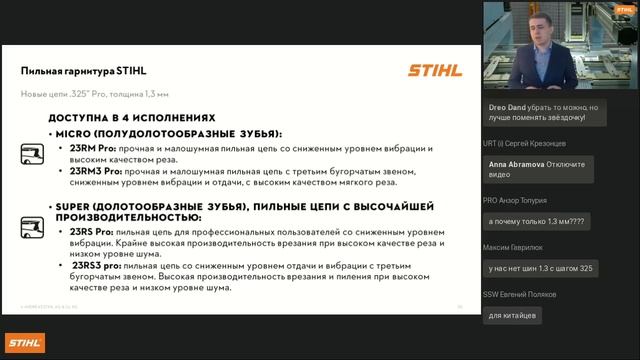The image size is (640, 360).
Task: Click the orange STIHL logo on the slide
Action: (435, 71)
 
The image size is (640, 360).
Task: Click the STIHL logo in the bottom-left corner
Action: (25, 343)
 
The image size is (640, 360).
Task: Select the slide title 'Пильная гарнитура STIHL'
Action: (84, 71)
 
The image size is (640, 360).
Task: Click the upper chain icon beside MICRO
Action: (32, 153)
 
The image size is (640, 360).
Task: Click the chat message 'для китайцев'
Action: (513, 315)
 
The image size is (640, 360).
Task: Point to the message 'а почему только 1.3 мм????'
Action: (536, 219)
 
